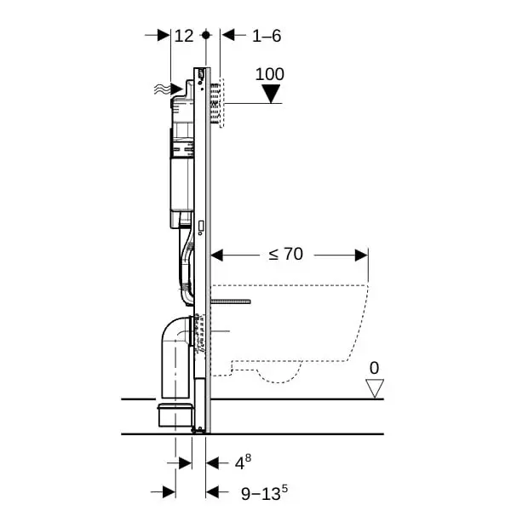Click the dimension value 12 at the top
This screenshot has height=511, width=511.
click(x=184, y=36)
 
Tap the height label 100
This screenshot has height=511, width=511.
click(x=270, y=74)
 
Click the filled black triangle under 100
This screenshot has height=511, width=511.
click(x=271, y=94)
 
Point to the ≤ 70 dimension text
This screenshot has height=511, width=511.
click(x=286, y=254)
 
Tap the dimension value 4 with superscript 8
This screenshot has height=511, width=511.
click(x=241, y=462)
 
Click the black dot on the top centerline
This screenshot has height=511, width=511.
click(x=205, y=35)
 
